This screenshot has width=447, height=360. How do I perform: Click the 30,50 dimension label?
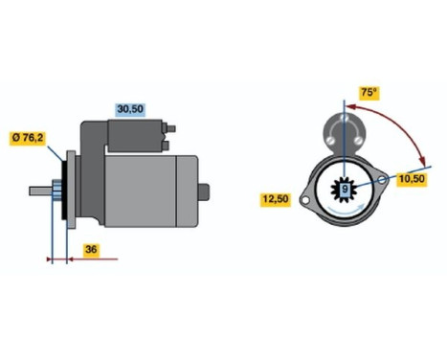pyautogui.click(x=130, y=110)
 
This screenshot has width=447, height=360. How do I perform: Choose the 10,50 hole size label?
pyautogui.click(x=412, y=178)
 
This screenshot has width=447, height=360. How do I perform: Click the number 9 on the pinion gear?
pyautogui.click(x=345, y=190)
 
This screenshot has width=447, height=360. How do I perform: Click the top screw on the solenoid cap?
pyautogui.click(x=344, y=119)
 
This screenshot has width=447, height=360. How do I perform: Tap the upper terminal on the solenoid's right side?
pyautogui.click(x=172, y=128)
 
